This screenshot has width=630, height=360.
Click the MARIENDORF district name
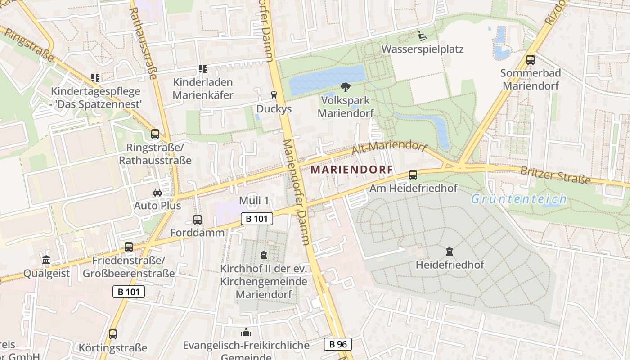tap(352, 170)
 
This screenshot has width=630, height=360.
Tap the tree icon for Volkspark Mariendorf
tap(346, 87)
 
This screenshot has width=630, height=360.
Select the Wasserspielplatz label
tap(422, 49)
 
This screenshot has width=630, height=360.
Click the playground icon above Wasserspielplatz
tap(423, 36)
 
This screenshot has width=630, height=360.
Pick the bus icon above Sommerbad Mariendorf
tap(531, 59)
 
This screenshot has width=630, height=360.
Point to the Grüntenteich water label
tap(518, 199)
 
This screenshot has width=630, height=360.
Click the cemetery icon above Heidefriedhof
tap(449, 252)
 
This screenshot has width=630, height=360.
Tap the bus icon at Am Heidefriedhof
tap(413, 175)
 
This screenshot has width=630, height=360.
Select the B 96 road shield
tap(337, 344)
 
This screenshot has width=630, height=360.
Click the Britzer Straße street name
tap(555, 175)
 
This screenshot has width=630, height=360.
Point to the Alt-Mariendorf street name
tap(389, 148)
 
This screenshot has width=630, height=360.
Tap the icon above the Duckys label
tap(274, 95)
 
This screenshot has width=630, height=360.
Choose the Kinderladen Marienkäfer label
tap(203, 89)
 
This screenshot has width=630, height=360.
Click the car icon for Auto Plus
tap(157, 193)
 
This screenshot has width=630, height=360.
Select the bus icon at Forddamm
tap(198, 220)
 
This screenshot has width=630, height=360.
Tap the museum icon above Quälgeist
tap(46, 260)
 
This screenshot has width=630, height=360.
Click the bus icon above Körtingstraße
tap(113, 334)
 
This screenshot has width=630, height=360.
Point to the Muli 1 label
tap(254, 200)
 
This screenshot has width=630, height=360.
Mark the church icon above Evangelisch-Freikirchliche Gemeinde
tap(246, 333)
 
